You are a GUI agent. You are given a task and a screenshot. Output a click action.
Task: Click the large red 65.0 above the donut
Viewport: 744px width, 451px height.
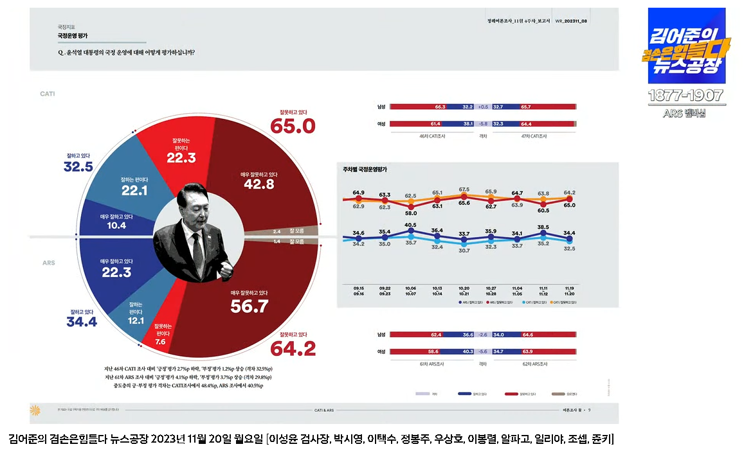[x=293, y=126]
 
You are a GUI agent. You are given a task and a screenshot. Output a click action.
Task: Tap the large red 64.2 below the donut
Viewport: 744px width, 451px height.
[x=293, y=349]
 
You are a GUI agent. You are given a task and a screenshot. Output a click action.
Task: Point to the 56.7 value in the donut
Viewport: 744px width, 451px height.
[x=249, y=307]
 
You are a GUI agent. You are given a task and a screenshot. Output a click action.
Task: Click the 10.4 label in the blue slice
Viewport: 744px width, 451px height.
[x=116, y=225]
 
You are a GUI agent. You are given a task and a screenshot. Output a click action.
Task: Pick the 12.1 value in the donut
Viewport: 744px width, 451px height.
[x=136, y=321]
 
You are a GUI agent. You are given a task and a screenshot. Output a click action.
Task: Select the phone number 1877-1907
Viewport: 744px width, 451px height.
[x=685, y=97]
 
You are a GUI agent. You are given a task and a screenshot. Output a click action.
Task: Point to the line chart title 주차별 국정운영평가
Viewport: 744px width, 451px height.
[x=370, y=170]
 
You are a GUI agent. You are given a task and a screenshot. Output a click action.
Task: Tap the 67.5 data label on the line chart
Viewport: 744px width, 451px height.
[x=464, y=190]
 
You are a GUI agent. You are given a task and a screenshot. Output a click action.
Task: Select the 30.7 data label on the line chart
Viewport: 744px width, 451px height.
[x=464, y=251]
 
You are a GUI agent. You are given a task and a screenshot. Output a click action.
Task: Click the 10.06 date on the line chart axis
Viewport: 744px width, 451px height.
[x=411, y=288]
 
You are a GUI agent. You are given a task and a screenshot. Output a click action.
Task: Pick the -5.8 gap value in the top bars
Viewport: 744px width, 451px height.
[x=484, y=123]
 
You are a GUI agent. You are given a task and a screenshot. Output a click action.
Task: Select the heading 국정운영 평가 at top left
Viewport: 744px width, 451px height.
[x=73, y=37]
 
